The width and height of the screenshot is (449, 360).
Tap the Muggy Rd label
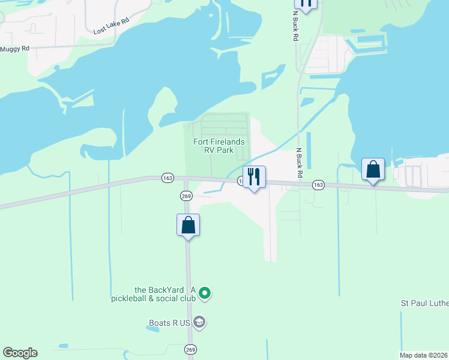pyautogui.click(x=15, y=49)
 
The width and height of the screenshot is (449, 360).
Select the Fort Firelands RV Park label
pyautogui.click(x=218, y=146)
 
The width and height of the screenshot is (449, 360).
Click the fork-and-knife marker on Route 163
pyautogui.click(x=254, y=177)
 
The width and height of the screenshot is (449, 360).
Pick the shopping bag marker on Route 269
pyautogui.click(x=188, y=226)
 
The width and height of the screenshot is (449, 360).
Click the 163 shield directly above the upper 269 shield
pyautogui.click(x=167, y=178)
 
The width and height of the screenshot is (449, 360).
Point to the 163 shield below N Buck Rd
pyautogui.click(x=318, y=185)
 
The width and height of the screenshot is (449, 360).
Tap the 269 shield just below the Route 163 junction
pyautogui.click(x=185, y=196)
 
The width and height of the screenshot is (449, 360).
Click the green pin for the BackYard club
pyautogui.click(x=205, y=293)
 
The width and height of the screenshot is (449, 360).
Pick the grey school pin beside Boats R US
pyautogui.click(x=200, y=323)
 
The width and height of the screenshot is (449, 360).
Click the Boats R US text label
pyautogui.click(x=170, y=323)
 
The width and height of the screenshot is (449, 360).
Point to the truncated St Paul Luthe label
pyautogui.click(x=424, y=304)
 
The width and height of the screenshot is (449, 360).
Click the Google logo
pyautogui.click(x=20, y=353)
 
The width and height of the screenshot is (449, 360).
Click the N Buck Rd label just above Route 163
pyautogui.click(x=298, y=163)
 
